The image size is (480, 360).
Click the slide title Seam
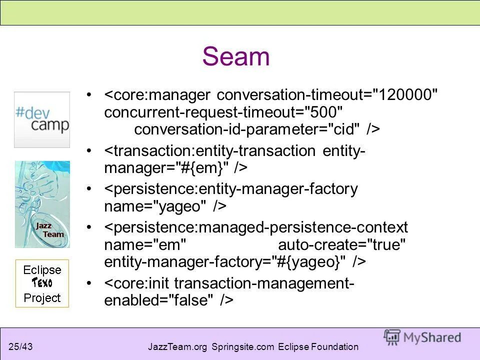(x=236, y=56)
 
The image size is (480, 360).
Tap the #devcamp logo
(x=42, y=119)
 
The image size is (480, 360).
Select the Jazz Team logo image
(x=42, y=204)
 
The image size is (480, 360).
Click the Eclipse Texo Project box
(x=42, y=283)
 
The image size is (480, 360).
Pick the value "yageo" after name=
(x=179, y=206)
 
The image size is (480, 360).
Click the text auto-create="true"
(x=342, y=245)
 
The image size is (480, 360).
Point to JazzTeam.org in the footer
(x=178, y=346)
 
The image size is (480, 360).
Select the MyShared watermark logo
(x=422, y=337)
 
